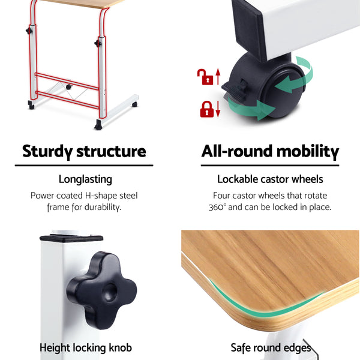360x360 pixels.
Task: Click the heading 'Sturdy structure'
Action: tap(84, 151)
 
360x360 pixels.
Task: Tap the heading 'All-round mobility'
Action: tap(270, 151)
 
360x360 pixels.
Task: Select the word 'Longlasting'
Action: tap(85, 179)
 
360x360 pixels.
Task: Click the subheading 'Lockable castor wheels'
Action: tap(270, 179)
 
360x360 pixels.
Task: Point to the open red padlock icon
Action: tap(206, 76)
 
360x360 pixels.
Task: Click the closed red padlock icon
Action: tap(206, 109)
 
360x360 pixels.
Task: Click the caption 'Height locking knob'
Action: tap(85, 347)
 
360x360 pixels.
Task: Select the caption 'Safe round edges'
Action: tap(271, 347)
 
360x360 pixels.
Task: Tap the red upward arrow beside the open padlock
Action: tap(218, 76)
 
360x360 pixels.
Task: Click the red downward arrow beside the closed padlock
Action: tap(218, 109)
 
